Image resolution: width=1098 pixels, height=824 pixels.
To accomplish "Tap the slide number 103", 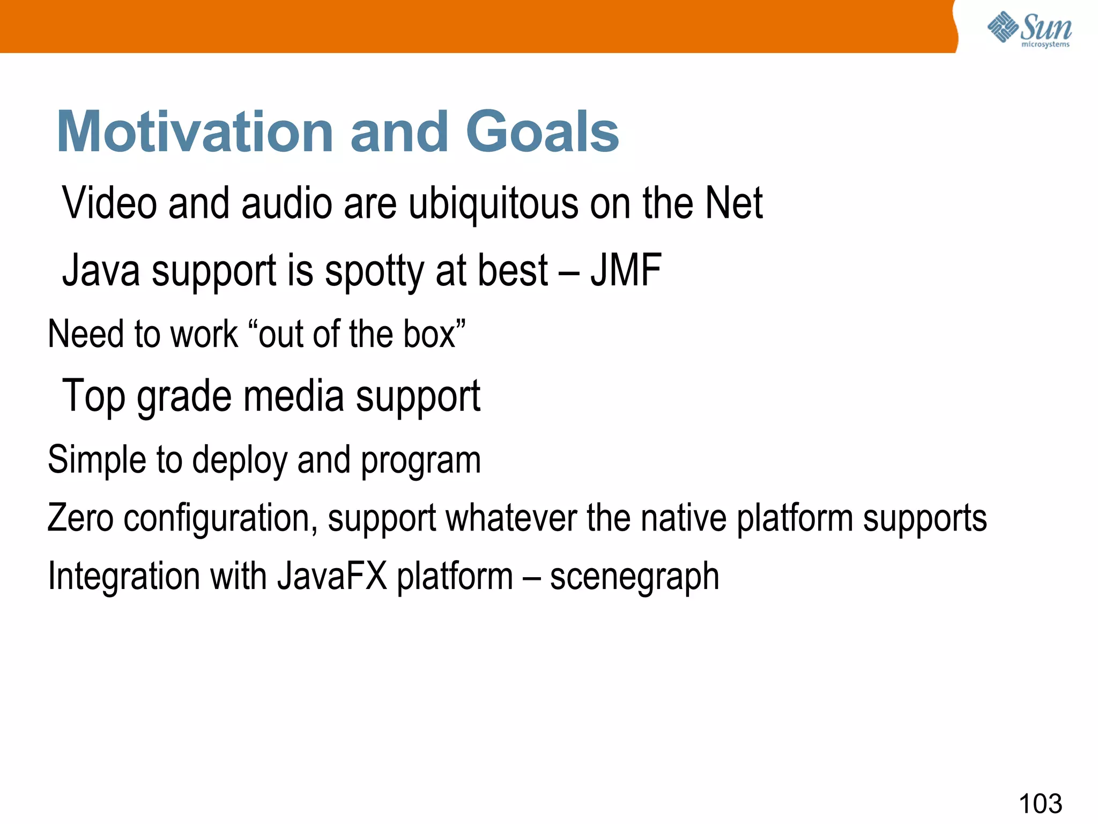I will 1040,804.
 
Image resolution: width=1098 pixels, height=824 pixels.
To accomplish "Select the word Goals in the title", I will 543,131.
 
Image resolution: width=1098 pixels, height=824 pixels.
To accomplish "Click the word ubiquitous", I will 493,204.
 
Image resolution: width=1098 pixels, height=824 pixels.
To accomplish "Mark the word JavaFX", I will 332,576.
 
